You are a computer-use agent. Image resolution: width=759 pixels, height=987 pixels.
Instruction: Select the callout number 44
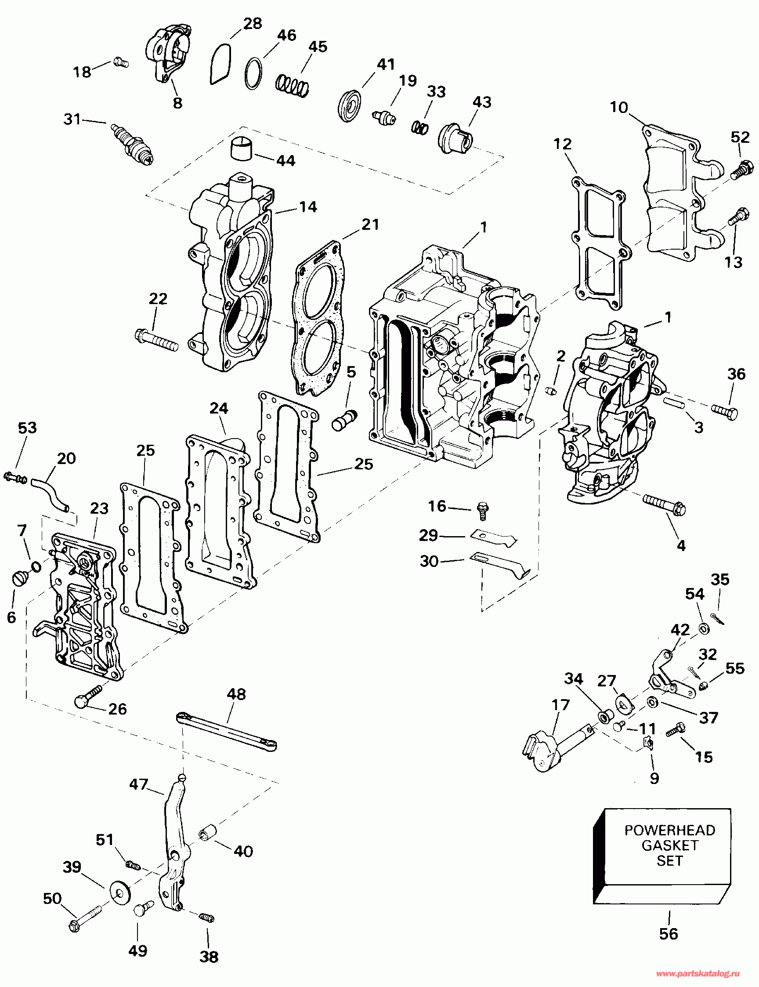(x=286, y=160)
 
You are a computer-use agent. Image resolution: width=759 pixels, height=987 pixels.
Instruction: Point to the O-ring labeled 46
(x=254, y=74)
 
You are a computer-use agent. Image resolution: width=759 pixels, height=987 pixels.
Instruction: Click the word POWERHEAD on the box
(x=669, y=830)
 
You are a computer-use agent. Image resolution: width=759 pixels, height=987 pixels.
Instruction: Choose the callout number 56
(x=669, y=934)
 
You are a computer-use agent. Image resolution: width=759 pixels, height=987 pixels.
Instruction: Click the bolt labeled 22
(x=156, y=340)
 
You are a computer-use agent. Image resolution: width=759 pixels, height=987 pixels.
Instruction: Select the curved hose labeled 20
(x=51, y=495)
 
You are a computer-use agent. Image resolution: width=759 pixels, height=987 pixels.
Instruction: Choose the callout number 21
(x=370, y=225)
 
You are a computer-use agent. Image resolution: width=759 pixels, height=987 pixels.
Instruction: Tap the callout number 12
(x=563, y=144)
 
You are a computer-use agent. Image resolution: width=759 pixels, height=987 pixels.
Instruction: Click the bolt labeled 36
(x=725, y=411)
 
